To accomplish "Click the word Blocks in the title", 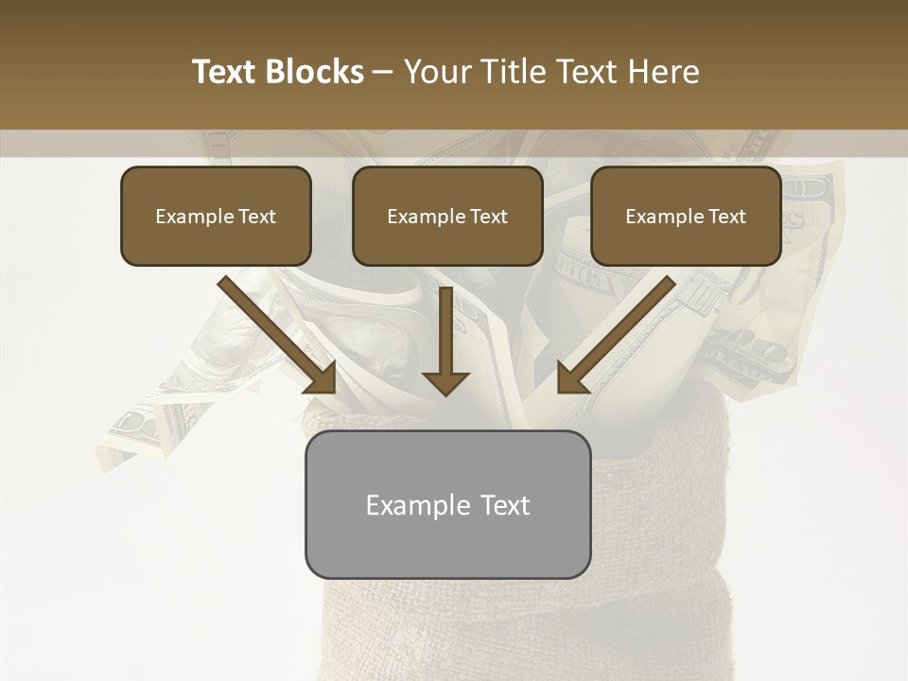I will point(316,72).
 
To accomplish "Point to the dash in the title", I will point(384,73).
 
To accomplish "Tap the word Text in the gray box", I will point(505,505).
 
